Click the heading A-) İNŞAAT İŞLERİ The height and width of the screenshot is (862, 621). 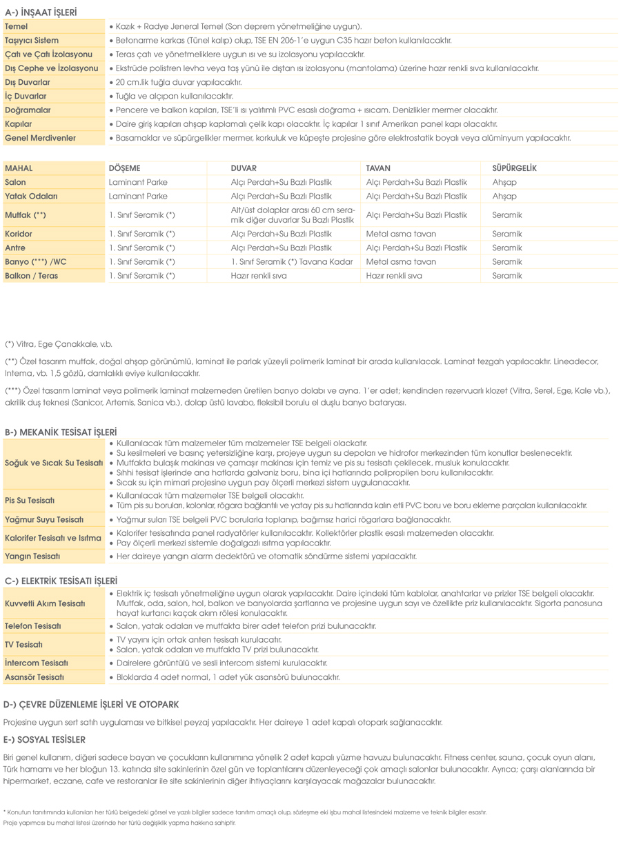(x=41, y=12)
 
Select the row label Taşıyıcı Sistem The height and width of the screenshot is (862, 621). (x=32, y=41)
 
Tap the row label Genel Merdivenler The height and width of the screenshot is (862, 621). (x=40, y=138)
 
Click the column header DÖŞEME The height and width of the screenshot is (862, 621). (x=124, y=168)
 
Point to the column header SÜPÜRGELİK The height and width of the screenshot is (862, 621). (x=514, y=168)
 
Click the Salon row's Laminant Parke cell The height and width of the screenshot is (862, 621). (x=138, y=182)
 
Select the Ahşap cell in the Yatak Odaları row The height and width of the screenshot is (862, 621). (x=504, y=197)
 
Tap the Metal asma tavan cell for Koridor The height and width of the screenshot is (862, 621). (x=401, y=234)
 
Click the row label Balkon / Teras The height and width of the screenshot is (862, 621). (x=32, y=276)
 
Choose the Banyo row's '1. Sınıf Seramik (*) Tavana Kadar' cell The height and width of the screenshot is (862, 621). (x=292, y=262)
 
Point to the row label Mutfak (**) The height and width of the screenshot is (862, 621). (x=26, y=215)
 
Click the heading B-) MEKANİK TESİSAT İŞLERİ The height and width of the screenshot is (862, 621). (x=61, y=432)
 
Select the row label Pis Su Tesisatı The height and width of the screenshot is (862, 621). (x=30, y=500)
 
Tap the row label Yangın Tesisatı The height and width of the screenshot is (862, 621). (x=32, y=556)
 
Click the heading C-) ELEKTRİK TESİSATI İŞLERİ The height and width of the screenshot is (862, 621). (x=61, y=581)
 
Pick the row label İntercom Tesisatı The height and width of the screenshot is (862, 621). (x=36, y=663)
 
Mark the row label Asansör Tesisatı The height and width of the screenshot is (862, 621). (x=34, y=677)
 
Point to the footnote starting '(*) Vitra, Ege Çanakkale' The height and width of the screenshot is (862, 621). (x=59, y=344)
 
